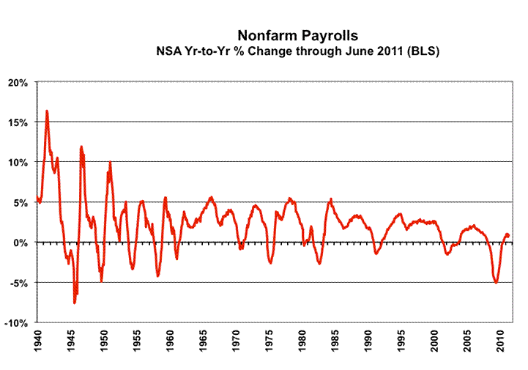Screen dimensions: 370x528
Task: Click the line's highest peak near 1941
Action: click(47, 111)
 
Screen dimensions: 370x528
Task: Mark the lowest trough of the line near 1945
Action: click(74, 302)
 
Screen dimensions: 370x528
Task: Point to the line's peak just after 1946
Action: click(81, 147)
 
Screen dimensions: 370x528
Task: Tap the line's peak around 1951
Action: click(110, 163)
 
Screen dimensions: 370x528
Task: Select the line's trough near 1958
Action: click(157, 275)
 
